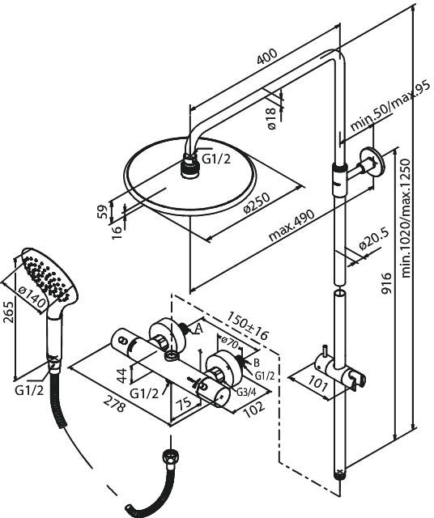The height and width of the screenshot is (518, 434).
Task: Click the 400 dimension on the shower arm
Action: tap(267, 57)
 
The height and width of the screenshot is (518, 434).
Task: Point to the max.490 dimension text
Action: tap(291, 225)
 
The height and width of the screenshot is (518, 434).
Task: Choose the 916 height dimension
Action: tap(385, 283)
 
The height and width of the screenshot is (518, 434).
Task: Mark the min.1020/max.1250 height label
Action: tap(405, 218)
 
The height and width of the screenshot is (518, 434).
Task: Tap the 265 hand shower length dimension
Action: tap(8, 312)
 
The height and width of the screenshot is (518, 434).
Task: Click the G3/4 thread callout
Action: tap(247, 392)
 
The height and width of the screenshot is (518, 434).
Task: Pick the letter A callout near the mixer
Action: tap(199, 329)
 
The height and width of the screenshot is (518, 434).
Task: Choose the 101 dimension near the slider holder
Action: tap(318, 383)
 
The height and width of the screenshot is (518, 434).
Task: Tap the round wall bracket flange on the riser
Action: tap(372, 163)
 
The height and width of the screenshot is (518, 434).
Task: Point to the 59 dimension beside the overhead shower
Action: tap(103, 211)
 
